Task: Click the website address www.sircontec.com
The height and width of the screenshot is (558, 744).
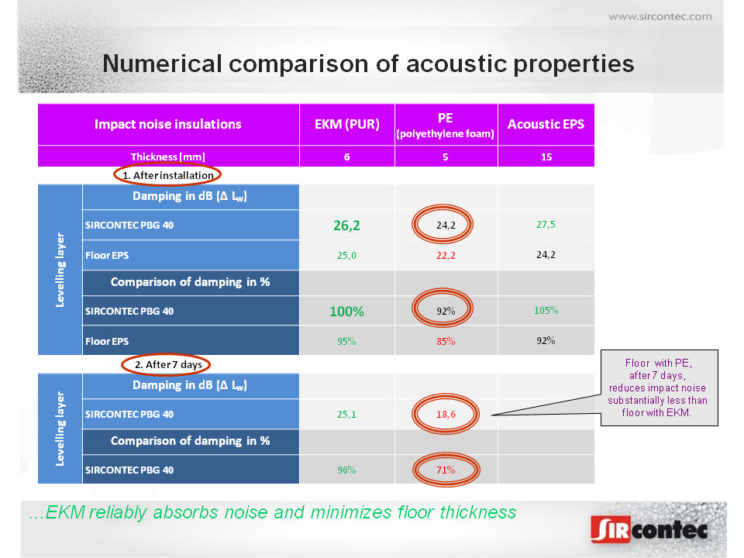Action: [x=660, y=16]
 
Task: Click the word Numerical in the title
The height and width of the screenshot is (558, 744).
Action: [x=162, y=64]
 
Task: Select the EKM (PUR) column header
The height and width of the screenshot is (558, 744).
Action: [x=347, y=124]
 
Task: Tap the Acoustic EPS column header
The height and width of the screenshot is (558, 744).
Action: [x=546, y=124]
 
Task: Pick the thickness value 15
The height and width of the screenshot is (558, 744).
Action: [x=546, y=157]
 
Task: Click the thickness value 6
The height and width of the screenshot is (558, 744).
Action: [x=347, y=157]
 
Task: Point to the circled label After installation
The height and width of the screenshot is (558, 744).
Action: [x=168, y=176]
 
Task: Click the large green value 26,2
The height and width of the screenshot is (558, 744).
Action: [x=346, y=226]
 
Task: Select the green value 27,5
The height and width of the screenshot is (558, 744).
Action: [x=546, y=225]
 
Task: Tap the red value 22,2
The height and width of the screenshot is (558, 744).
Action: [x=446, y=255]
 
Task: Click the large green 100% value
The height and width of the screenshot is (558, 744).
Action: [x=346, y=312]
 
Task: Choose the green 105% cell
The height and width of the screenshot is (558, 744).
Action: [x=546, y=310]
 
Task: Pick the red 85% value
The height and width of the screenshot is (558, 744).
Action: [x=446, y=341]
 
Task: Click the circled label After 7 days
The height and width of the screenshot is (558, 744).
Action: [x=168, y=364]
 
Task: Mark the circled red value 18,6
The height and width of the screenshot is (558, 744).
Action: [x=446, y=414]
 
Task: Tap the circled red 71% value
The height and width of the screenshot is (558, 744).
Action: [x=446, y=470]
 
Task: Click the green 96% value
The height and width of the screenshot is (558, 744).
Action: [x=346, y=470]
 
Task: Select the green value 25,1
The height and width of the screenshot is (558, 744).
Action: [x=346, y=414]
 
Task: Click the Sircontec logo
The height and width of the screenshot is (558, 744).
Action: [x=649, y=529]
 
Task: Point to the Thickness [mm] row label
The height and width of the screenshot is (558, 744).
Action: [x=168, y=157]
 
